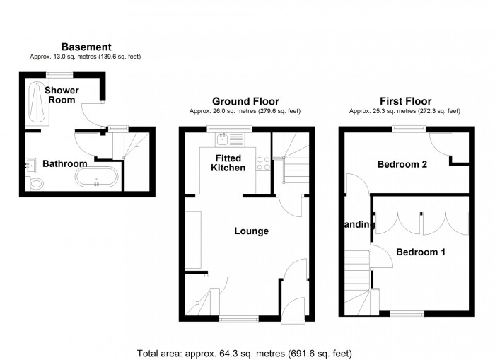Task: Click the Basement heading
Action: coord(86,47)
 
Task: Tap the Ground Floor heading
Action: coord(245,101)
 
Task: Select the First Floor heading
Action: coord(405,101)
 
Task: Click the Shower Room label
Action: coord(62,95)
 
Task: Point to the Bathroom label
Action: coord(64,163)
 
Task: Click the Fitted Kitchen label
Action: coord(229,163)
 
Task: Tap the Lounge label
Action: coord(252,231)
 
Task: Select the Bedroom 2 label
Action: coord(402,164)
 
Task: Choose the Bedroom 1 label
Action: coord(420,252)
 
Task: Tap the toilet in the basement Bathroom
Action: coord(36,184)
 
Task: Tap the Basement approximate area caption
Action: coord(86,57)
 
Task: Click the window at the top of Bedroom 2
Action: coord(406,128)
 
